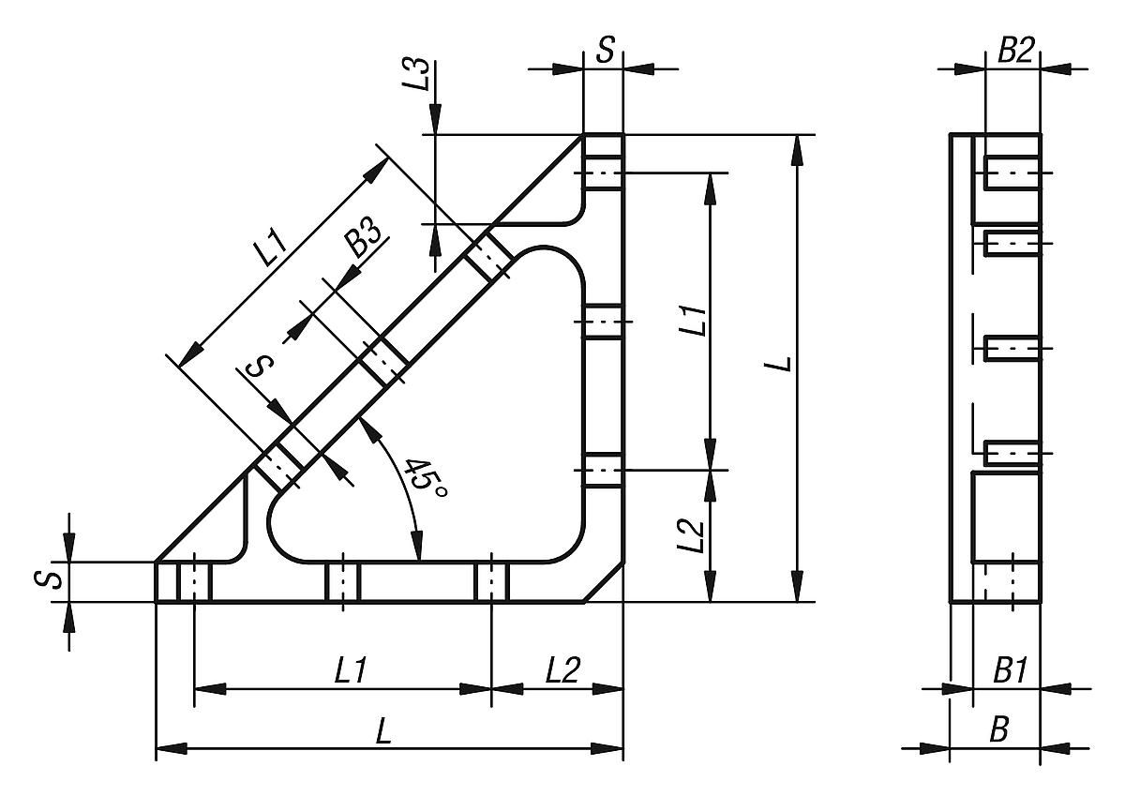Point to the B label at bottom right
pyautogui.click(x=999, y=731)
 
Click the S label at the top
pyautogui.click(x=606, y=51)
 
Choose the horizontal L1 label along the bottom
pyautogui.click(x=351, y=670)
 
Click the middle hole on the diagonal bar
pyautogui.click(x=382, y=359)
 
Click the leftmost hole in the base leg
pyautogui.click(x=194, y=581)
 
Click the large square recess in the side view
pyautogui.click(x=1005, y=517)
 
